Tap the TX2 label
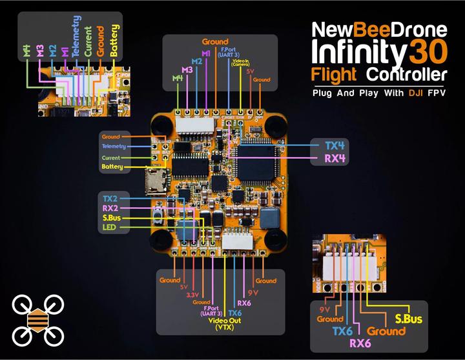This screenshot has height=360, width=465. tap(111, 197)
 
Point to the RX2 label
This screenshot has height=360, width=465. tap(111, 208)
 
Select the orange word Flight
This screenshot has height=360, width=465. tap(334, 74)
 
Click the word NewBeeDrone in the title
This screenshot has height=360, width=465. tap(379, 29)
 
